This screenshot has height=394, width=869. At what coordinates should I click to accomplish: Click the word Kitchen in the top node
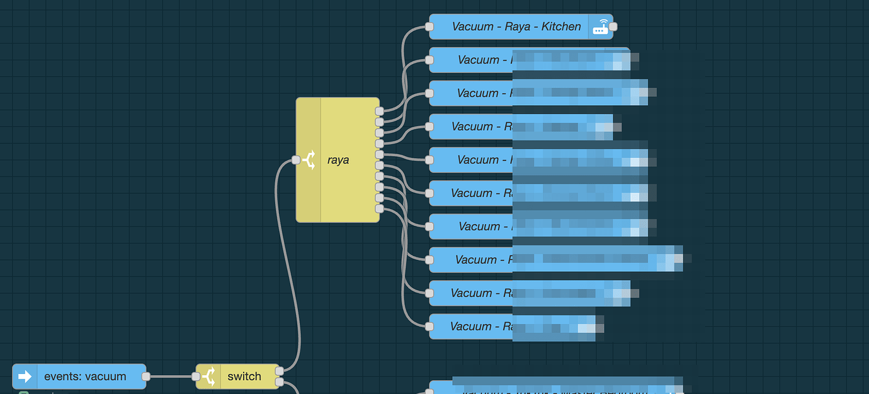[x=561, y=27]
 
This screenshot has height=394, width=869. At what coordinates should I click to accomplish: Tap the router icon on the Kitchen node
[x=601, y=27]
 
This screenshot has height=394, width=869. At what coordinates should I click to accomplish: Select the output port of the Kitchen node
[x=613, y=26]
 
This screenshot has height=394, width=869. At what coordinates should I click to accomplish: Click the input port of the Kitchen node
[x=429, y=26]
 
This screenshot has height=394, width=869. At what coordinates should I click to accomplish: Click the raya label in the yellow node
[x=338, y=160]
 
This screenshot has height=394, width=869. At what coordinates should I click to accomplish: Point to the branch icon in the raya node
[x=309, y=160]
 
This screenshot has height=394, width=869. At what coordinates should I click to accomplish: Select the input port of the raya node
[x=296, y=160]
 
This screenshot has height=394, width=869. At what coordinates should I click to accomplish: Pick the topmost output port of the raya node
[x=379, y=111]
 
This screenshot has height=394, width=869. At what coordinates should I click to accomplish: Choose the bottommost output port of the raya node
[x=379, y=208]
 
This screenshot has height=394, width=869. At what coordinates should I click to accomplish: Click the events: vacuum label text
[x=85, y=376]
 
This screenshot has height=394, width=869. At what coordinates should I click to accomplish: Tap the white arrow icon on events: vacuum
[x=25, y=376]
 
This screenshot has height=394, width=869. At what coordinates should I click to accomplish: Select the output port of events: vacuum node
[x=146, y=376]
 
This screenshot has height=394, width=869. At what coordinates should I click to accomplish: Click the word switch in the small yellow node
[x=244, y=376]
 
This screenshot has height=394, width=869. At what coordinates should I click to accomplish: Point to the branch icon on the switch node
[x=208, y=376]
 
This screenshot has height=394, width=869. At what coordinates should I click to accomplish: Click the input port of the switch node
[x=196, y=376]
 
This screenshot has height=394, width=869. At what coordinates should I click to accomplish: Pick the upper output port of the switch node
[x=279, y=371]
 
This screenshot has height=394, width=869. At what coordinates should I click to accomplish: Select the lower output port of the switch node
[x=279, y=382]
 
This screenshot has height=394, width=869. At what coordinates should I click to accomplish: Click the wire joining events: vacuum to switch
[x=171, y=376]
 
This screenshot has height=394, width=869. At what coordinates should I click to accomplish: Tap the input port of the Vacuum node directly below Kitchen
[x=429, y=60]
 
